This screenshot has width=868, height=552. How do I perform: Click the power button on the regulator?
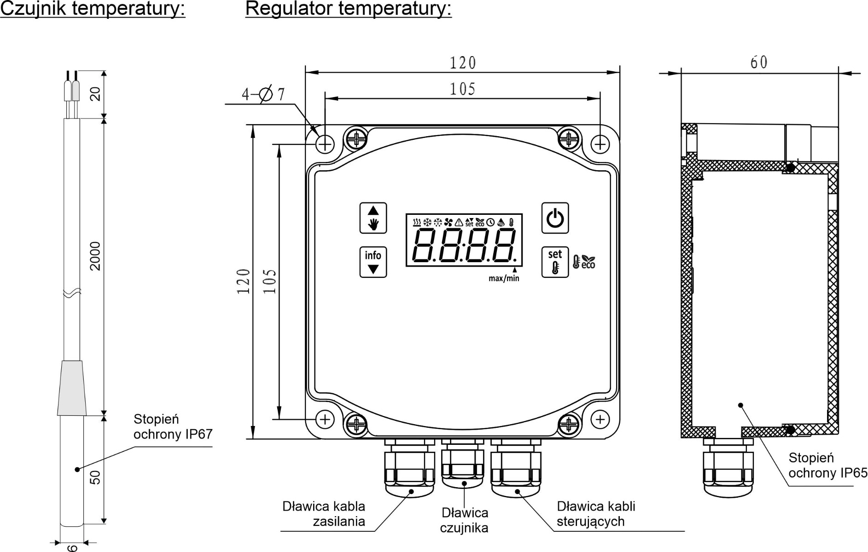(555, 218)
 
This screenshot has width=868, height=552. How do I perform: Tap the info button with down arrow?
(373, 262)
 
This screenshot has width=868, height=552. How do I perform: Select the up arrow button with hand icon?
(373, 218)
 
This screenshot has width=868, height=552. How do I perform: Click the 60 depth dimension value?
(759, 63)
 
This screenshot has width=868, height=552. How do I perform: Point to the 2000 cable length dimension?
(95, 256)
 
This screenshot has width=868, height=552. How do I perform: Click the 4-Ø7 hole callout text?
(263, 94)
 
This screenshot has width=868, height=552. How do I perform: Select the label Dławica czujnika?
(464, 520)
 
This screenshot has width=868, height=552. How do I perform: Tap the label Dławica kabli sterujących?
(596, 514)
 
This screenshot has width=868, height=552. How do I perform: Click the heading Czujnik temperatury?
(93, 9)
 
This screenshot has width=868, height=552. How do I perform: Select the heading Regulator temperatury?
(348, 9)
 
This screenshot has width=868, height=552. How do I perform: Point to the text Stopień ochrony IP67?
(173, 426)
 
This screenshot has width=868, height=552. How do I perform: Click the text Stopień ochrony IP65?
(827, 465)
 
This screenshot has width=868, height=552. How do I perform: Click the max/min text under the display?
(504, 278)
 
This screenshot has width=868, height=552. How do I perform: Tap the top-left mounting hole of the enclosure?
(325, 144)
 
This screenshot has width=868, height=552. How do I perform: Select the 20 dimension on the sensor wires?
(95, 94)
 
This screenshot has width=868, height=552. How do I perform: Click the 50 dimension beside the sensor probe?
(95, 477)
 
